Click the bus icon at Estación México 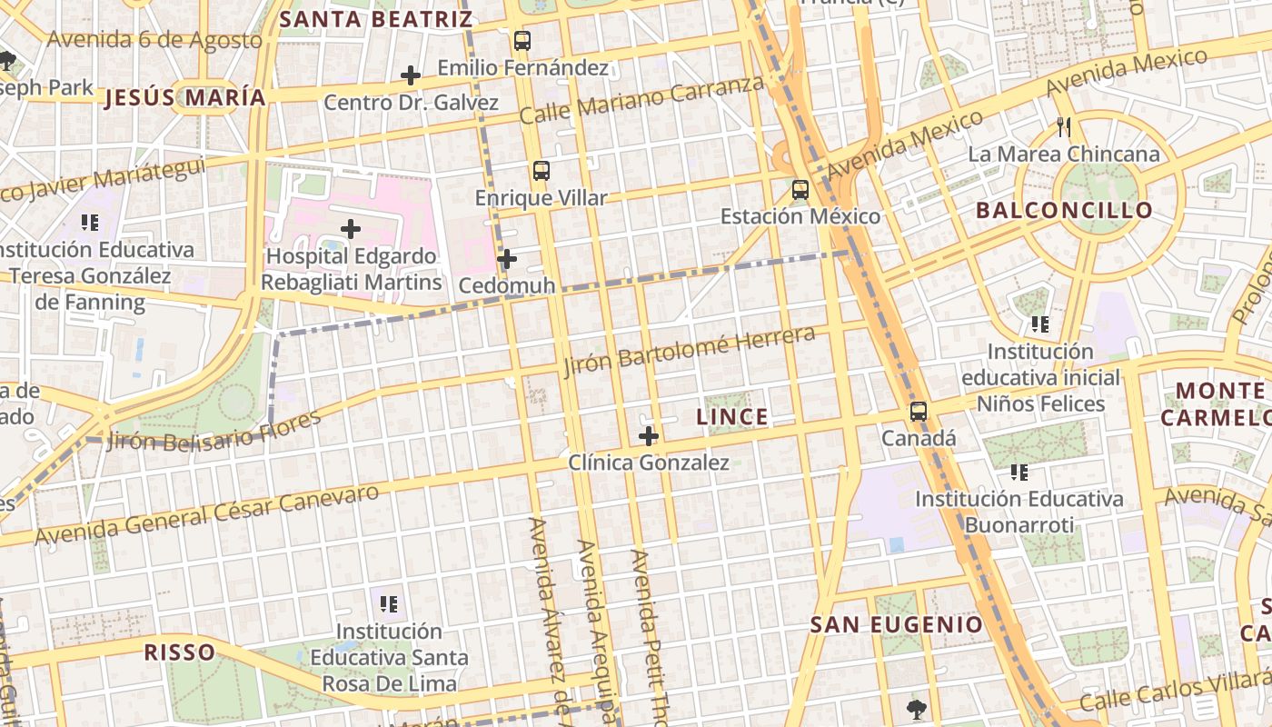(x=800, y=190)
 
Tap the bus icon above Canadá (x=919, y=412)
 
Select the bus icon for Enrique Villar (x=541, y=171)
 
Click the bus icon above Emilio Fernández (x=522, y=41)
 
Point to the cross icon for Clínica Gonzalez (x=648, y=436)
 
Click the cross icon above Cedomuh (x=507, y=260)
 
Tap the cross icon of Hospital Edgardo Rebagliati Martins (x=351, y=229)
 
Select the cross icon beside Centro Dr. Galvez (x=411, y=75)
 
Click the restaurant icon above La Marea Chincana (x=1064, y=127)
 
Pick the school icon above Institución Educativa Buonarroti (x=1019, y=473)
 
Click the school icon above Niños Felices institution (x=1039, y=324)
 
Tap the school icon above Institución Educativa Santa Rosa (x=389, y=604)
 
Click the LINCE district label (x=732, y=417)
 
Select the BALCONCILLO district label (x=1064, y=211)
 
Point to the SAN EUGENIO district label (x=896, y=625)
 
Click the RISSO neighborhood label (x=180, y=652)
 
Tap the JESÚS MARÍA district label (x=185, y=98)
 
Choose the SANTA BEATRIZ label (x=375, y=19)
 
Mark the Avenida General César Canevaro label (x=206, y=515)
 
